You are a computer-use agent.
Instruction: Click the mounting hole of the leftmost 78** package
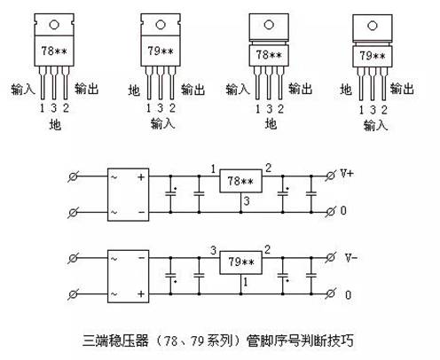(x=54, y=25)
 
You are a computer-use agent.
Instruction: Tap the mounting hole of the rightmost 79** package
(x=373, y=26)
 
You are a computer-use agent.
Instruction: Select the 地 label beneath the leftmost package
(x=55, y=124)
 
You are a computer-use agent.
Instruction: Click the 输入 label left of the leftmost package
(x=23, y=89)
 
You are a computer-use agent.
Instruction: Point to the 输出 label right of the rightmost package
(x=402, y=89)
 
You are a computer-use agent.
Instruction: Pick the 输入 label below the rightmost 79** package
(x=375, y=125)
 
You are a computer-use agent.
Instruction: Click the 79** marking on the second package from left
(x=161, y=51)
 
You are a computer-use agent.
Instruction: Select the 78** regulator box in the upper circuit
(x=240, y=181)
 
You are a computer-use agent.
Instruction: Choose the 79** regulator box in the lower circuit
(x=240, y=262)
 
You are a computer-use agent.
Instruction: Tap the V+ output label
(x=347, y=173)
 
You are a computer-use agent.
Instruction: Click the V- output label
(x=351, y=258)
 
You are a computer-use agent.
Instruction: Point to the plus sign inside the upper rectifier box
(x=141, y=177)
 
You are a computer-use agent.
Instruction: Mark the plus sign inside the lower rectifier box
(x=141, y=294)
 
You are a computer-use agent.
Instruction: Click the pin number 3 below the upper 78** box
(x=247, y=201)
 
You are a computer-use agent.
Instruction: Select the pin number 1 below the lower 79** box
(x=246, y=282)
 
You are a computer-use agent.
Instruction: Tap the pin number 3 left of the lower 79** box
(x=214, y=251)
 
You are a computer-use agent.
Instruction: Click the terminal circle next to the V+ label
(x=330, y=176)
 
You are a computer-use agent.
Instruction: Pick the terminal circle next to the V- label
(x=330, y=257)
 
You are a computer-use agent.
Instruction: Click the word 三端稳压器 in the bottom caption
(x=115, y=340)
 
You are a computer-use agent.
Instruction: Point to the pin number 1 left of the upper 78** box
(x=213, y=169)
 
